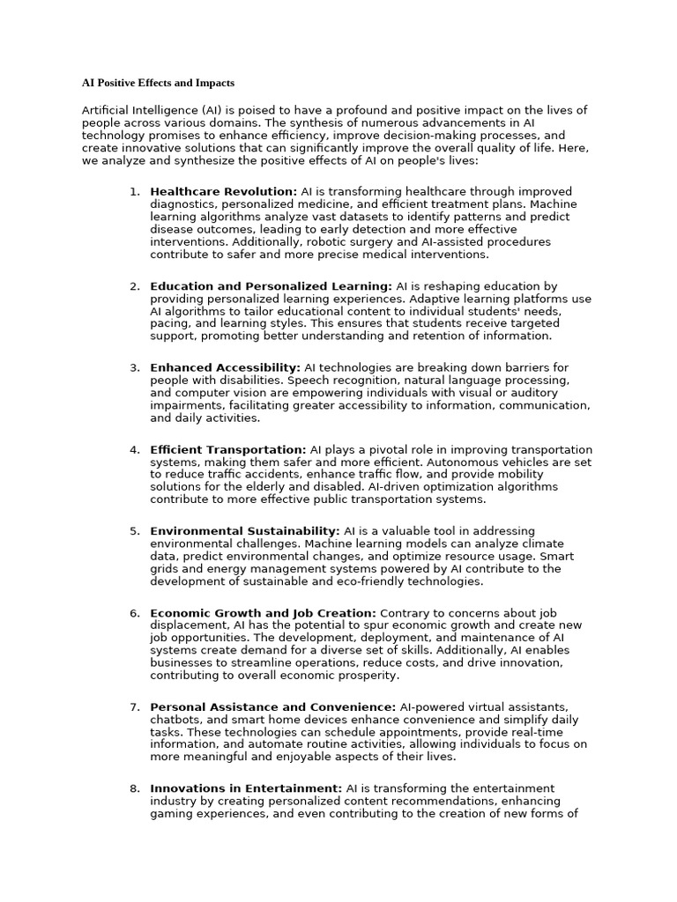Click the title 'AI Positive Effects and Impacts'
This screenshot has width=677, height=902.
click(158, 83)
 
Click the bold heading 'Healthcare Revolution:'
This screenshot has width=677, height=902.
click(223, 191)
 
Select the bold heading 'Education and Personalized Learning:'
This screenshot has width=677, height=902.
click(271, 286)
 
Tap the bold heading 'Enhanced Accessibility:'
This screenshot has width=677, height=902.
click(225, 367)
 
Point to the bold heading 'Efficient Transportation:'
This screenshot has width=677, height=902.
click(228, 449)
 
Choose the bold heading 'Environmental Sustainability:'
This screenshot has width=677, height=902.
click(244, 531)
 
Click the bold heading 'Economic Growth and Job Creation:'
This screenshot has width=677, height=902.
click(263, 613)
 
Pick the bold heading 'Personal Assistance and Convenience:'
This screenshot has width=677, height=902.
click(272, 706)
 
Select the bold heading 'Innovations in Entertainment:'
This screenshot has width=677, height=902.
click(246, 788)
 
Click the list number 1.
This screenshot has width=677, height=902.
click(134, 191)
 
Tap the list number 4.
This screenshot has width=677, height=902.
click(134, 449)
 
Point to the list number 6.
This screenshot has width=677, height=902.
click(134, 613)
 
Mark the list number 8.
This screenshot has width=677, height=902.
click(134, 788)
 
